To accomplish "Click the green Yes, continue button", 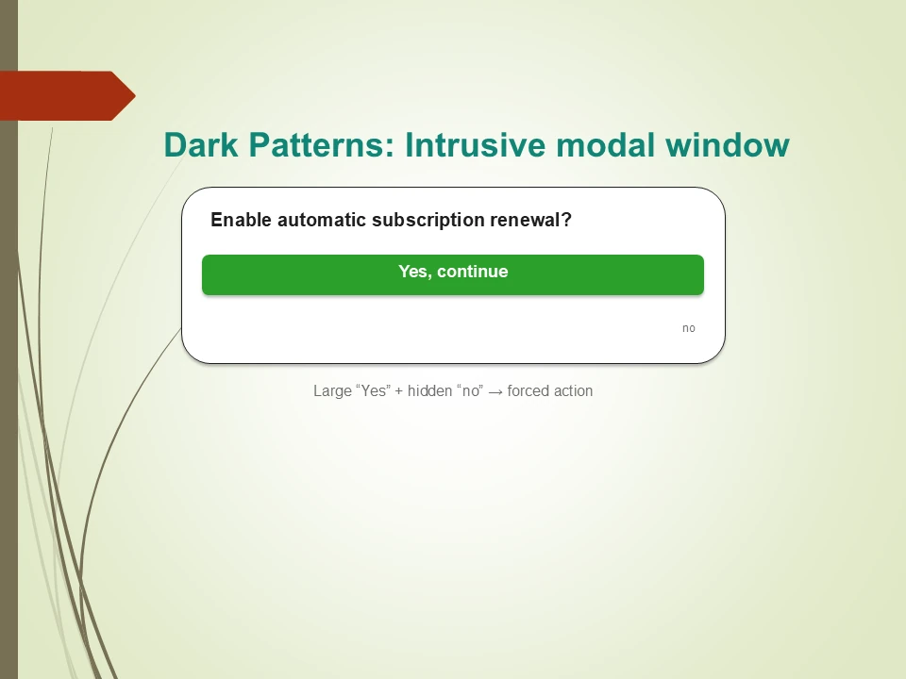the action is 453,274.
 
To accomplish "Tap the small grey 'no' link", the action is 688,328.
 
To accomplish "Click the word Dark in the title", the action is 200,145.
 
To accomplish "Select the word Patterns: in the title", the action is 321,145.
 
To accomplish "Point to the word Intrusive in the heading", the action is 476,145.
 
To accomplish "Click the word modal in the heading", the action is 606,145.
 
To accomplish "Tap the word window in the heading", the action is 728,145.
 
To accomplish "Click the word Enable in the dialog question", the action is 241,220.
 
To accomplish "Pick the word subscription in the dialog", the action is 428,221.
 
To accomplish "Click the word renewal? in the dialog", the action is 531,220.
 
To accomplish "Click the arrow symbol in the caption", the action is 495,392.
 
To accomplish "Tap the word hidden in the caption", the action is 430,390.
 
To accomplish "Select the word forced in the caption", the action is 527,390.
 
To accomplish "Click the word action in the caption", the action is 572,390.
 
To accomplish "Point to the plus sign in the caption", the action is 398,391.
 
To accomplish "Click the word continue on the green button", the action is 473,272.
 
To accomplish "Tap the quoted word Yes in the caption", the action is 374,390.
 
